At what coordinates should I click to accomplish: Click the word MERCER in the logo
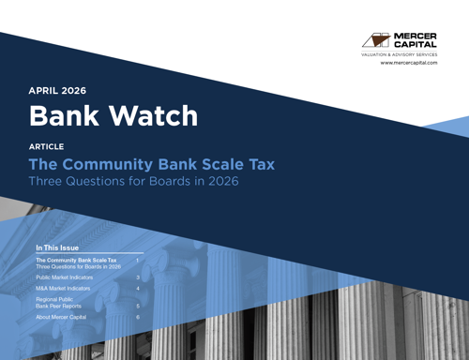click(416, 37)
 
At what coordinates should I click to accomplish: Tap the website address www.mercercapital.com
click(408, 63)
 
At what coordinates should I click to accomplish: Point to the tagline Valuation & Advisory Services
click(400, 55)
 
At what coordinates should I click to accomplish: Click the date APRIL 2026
click(57, 91)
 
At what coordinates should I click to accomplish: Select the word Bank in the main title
click(65, 116)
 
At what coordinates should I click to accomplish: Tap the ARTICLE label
click(47, 147)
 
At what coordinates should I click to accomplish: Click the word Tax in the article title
click(260, 164)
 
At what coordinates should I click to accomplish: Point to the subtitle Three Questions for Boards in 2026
click(133, 181)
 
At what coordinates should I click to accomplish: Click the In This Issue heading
click(57, 247)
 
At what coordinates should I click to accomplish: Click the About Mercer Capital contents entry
click(66, 318)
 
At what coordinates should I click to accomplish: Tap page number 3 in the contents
click(138, 277)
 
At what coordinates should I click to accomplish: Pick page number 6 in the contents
click(138, 318)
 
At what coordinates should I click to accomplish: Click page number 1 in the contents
click(138, 260)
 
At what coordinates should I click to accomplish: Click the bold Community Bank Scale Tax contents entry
click(76, 260)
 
